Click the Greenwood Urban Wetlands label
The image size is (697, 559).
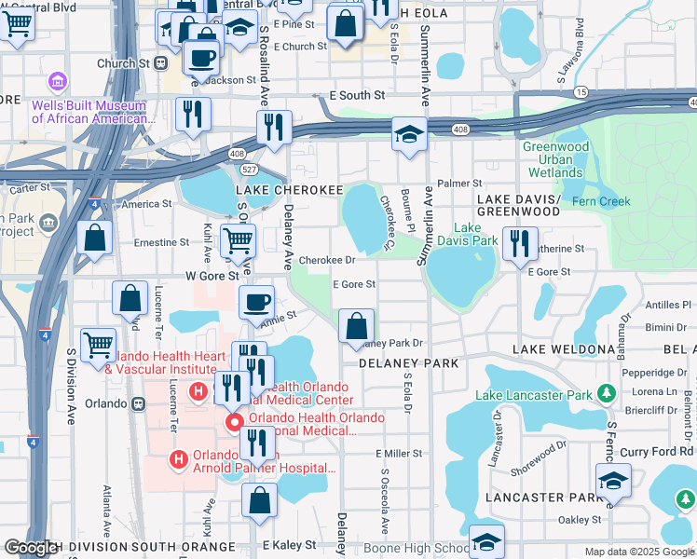tap(555, 159)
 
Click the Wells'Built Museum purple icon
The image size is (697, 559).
tap(59, 83)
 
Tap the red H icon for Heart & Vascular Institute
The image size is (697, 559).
tap(198, 391)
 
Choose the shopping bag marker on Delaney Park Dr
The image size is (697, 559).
tap(356, 327)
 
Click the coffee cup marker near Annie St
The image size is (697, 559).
tap(256, 303)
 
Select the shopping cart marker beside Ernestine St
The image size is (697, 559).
tap(238, 241)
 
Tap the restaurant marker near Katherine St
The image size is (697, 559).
tap(520, 244)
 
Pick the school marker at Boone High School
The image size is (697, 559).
tap(486, 542)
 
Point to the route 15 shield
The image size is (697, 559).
tap(581, 92)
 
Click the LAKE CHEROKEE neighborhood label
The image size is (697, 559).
tap(290, 189)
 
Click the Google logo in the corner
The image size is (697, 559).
tap(30, 548)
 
